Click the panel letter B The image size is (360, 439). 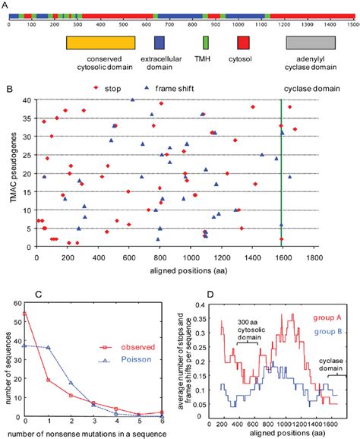tap(8, 89)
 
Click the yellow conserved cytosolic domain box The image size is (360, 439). tap(101, 45)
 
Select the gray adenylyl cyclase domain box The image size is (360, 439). tap(311, 45)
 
